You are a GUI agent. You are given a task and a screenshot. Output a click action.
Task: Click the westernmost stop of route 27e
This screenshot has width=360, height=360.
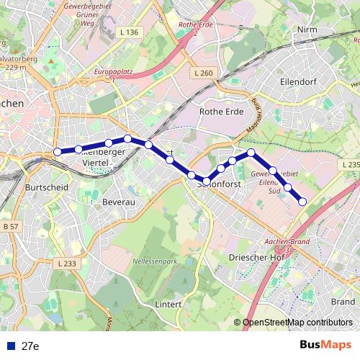58,152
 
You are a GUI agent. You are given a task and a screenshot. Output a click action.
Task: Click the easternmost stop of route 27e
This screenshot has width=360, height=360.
302,202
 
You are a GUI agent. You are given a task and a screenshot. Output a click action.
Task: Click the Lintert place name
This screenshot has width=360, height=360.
168,304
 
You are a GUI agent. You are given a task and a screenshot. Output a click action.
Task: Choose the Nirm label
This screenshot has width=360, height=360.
307,30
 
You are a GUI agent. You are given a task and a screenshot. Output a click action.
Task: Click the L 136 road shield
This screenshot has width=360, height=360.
130,32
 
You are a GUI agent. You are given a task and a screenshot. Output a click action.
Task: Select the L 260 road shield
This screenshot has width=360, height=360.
204,73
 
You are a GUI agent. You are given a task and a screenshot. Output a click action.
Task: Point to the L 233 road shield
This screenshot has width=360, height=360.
65,264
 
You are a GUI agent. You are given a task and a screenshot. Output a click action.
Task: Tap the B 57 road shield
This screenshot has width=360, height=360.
10,228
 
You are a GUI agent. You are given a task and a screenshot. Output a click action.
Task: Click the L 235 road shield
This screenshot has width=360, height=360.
350,165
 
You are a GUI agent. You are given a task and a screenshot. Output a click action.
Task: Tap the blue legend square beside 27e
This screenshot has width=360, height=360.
9,346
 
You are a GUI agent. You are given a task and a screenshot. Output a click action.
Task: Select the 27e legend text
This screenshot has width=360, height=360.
30,346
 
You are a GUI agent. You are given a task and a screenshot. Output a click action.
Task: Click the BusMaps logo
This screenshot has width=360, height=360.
326,345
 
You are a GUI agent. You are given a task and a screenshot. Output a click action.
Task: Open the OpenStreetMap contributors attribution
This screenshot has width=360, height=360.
297,323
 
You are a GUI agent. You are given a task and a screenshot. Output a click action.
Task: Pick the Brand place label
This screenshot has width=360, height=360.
342,301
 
